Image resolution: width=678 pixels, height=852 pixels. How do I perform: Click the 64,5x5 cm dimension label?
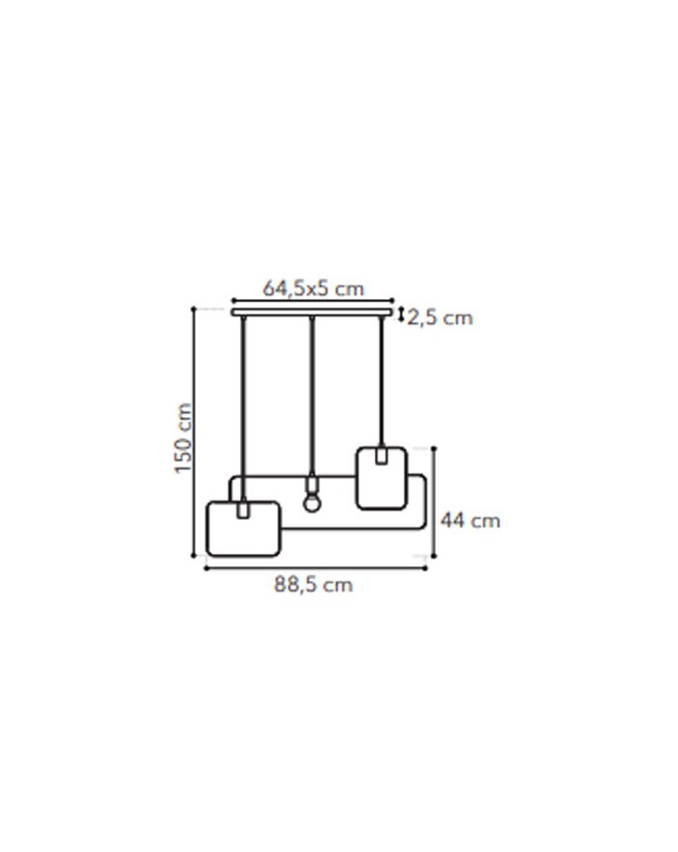click(313, 288)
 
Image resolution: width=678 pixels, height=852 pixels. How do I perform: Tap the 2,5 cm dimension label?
click(441, 318)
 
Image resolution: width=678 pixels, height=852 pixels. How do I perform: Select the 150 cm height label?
click(184, 438)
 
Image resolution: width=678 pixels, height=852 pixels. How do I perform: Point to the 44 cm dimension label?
click(471, 521)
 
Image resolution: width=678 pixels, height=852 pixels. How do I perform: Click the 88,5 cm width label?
click(313, 585)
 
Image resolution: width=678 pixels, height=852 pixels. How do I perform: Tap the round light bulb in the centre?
click(312, 503)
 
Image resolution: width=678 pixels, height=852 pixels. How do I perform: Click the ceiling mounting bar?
click(312, 313)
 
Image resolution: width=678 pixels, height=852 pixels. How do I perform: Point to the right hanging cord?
click(382, 380)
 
